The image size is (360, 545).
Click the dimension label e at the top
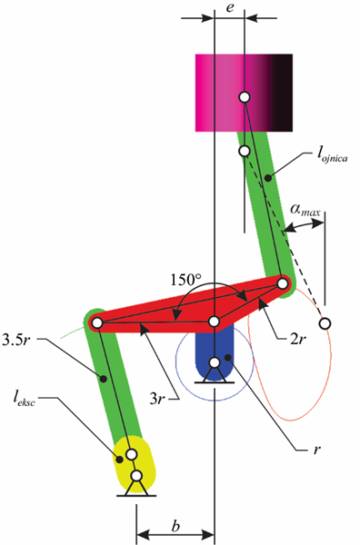[230, 7]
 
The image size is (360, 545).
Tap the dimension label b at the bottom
[176, 526]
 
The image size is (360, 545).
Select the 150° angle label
[186, 280]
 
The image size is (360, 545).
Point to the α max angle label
[305, 210]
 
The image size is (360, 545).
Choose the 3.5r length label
[17, 340]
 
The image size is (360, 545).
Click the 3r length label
[157, 400]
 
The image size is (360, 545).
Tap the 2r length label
[298, 339]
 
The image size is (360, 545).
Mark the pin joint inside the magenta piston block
[245, 97]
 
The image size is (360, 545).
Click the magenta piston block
[244, 93]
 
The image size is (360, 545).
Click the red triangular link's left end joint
[98, 322]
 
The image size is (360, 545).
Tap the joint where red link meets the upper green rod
[283, 283]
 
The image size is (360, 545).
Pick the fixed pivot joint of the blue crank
[215, 362]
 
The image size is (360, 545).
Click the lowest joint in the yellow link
[136, 475]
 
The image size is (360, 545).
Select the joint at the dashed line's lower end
[325, 323]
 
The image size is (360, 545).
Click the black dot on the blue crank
[228, 357]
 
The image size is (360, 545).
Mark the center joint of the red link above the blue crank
[215, 322]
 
